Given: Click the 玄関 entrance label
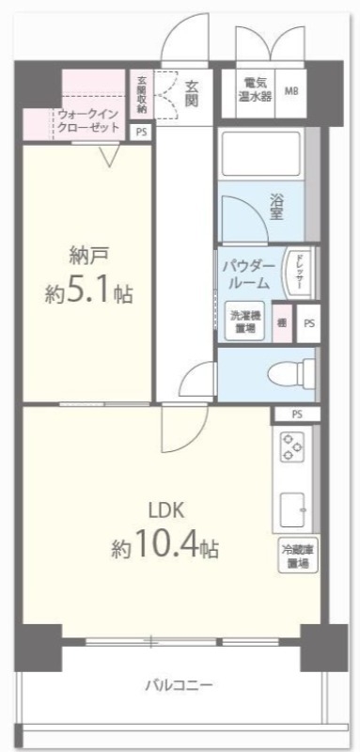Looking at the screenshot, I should (x=189, y=92).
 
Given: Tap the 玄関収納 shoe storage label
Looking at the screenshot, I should (x=141, y=94).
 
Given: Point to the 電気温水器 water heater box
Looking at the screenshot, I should (x=251, y=92).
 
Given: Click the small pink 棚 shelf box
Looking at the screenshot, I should (x=282, y=321).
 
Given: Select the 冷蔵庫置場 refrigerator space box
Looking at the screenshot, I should (x=296, y=556).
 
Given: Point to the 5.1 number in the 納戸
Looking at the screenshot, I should (x=93, y=292).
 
